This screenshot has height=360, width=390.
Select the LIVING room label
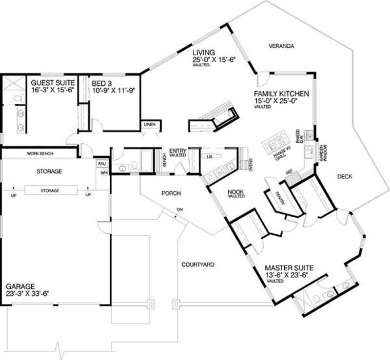click(x=203, y=52)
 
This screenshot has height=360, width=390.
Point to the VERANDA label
click(x=282, y=46)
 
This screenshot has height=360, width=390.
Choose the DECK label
click(x=344, y=176)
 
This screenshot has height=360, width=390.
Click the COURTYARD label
click(x=198, y=265)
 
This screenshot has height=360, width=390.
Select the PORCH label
click(x=171, y=193)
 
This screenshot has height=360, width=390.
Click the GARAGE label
click(x=19, y=286)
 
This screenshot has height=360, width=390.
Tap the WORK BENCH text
click(x=40, y=153)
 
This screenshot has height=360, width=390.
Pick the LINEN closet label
click(x=150, y=125)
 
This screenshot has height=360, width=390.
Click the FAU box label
click(x=102, y=164)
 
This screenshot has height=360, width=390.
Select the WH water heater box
click(x=103, y=173)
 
